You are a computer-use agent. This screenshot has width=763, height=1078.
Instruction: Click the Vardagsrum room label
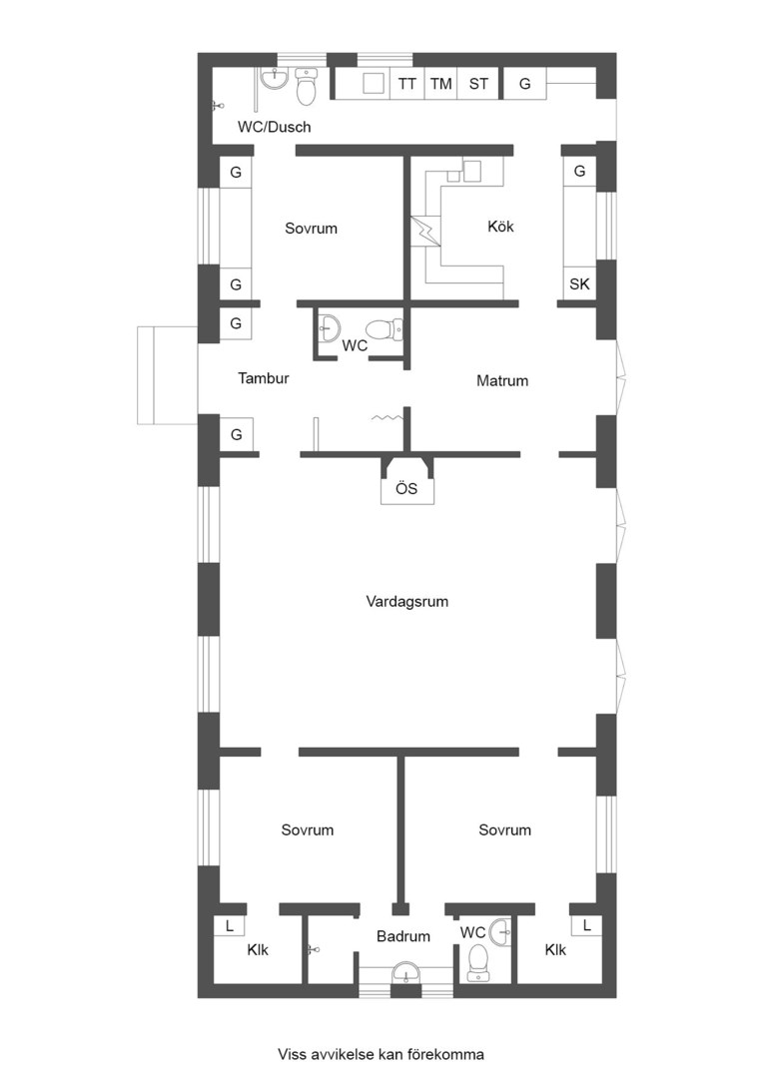click(x=406, y=602)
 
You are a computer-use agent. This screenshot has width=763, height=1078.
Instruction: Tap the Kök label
click(x=500, y=227)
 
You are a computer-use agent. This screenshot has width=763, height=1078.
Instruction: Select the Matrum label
click(x=502, y=380)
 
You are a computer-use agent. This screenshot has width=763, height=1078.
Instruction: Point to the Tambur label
click(x=264, y=377)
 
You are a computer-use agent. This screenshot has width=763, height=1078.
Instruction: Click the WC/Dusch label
click(x=274, y=127)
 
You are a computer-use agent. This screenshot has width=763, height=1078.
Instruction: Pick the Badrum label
click(x=403, y=935)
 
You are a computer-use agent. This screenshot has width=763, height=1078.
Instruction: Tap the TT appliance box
click(x=407, y=84)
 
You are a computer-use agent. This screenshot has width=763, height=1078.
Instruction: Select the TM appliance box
click(x=441, y=84)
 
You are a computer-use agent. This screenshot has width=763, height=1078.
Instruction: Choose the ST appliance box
click(x=478, y=84)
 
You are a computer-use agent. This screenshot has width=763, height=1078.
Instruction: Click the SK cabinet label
click(x=579, y=283)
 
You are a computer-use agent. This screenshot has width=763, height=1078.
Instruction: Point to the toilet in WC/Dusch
click(x=307, y=86)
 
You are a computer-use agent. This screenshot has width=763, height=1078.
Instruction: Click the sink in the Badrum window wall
click(x=405, y=973)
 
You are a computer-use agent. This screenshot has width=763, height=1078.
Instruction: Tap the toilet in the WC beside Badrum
click(x=477, y=962)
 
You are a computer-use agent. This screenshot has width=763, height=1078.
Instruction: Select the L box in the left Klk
click(x=229, y=925)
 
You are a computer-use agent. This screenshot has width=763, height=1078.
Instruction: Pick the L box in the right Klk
click(x=586, y=925)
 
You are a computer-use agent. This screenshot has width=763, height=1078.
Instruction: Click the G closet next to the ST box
click(x=525, y=84)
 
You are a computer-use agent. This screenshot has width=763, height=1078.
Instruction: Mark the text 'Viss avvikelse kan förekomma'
click(x=381, y=1054)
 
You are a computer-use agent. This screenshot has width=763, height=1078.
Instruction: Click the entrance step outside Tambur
click(x=168, y=375)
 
